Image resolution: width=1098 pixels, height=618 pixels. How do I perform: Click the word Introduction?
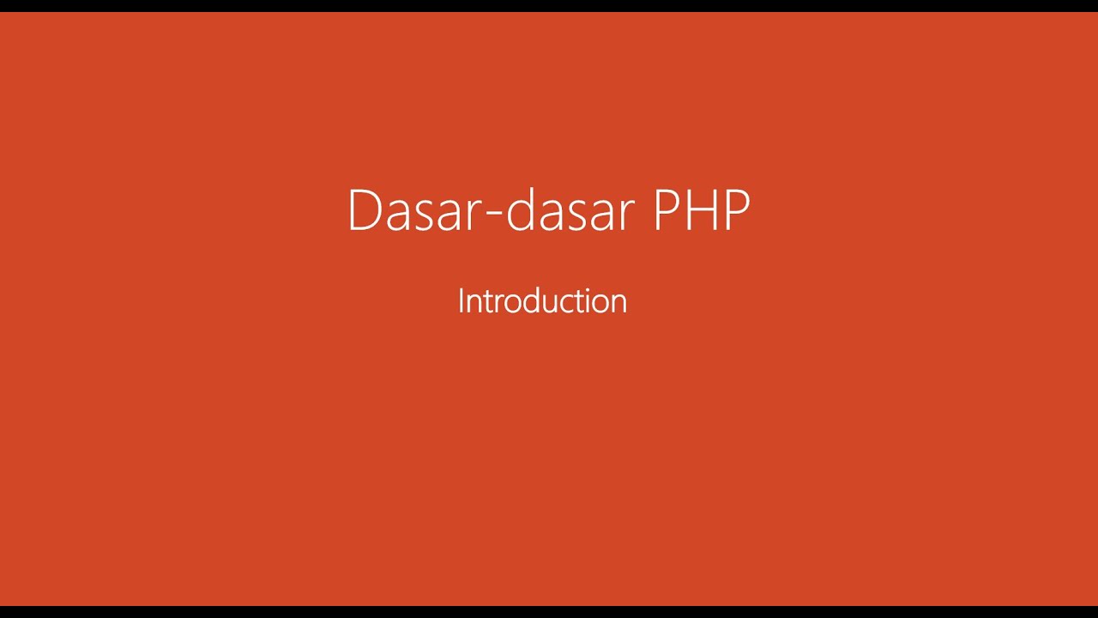coord(542,301)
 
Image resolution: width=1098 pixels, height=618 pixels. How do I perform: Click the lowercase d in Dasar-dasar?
coord(522,210)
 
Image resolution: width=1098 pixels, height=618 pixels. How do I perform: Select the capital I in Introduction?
coord(461,301)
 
